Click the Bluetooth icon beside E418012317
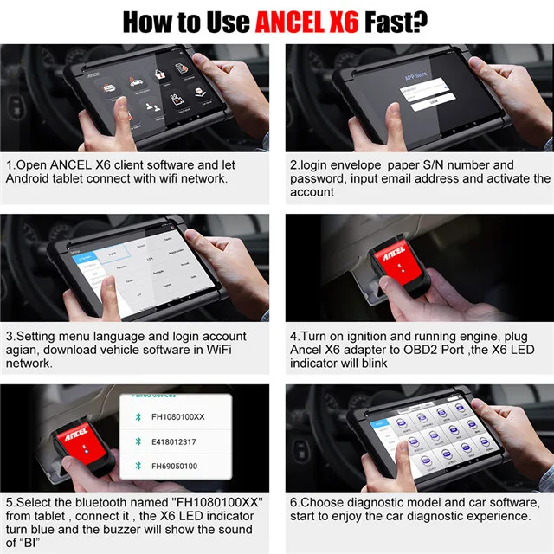coord(134,441)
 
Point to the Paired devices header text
coord(152,395)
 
